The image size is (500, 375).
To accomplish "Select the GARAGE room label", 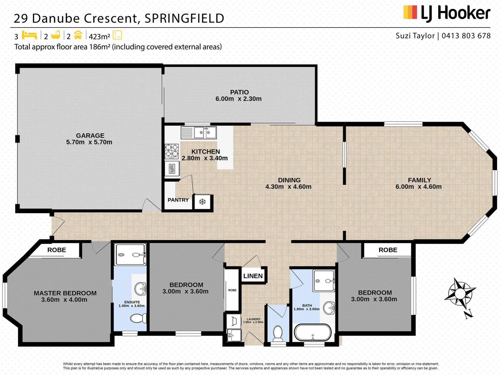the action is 90,136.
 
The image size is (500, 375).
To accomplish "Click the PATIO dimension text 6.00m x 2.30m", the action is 239,99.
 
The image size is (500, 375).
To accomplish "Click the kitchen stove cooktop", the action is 172,151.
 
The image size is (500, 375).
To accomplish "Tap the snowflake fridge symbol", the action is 202,202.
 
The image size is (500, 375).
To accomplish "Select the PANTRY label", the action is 178,200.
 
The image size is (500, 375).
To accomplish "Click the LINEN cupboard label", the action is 253,276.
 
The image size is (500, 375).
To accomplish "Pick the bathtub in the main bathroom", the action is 312,333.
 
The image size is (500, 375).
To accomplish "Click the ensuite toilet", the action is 138,318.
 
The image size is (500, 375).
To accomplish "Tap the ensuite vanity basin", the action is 141,289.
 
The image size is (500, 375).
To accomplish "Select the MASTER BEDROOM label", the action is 65,293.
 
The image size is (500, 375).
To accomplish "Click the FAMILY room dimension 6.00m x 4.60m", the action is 418,187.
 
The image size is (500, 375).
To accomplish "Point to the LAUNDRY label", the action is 253,319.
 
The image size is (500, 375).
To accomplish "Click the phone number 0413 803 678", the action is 466,36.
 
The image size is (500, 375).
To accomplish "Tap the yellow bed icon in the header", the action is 29,35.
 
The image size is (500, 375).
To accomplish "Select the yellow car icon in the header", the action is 78,35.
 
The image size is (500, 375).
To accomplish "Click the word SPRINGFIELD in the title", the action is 184,18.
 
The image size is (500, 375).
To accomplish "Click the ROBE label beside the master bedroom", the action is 57,250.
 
